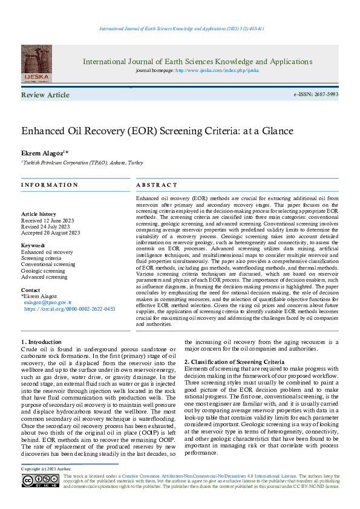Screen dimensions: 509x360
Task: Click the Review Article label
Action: point(45,95)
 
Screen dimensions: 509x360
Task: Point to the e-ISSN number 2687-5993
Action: point(326,95)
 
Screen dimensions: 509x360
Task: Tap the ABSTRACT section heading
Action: point(157,185)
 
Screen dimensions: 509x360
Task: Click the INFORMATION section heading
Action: point(50,185)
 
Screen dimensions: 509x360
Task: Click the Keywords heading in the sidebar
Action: point(34,245)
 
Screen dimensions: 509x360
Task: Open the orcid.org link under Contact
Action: point(70,308)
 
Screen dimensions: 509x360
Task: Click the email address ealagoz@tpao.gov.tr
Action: point(48,302)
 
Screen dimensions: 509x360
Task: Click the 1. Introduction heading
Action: point(41,342)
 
